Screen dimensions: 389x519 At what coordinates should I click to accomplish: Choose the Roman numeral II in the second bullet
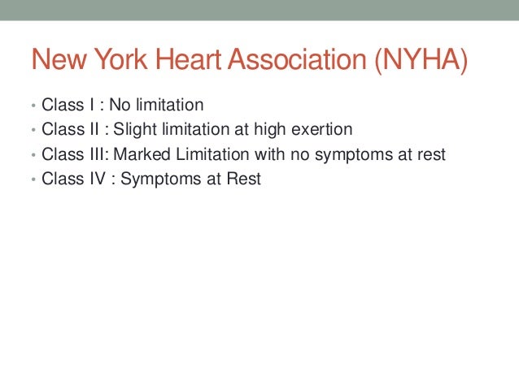pos(95,130)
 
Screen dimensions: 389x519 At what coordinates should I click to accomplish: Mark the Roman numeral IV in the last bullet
pos(99,179)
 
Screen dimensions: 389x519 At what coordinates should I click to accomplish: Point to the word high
pos(273,130)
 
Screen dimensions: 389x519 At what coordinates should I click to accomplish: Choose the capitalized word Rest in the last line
pos(243,179)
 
